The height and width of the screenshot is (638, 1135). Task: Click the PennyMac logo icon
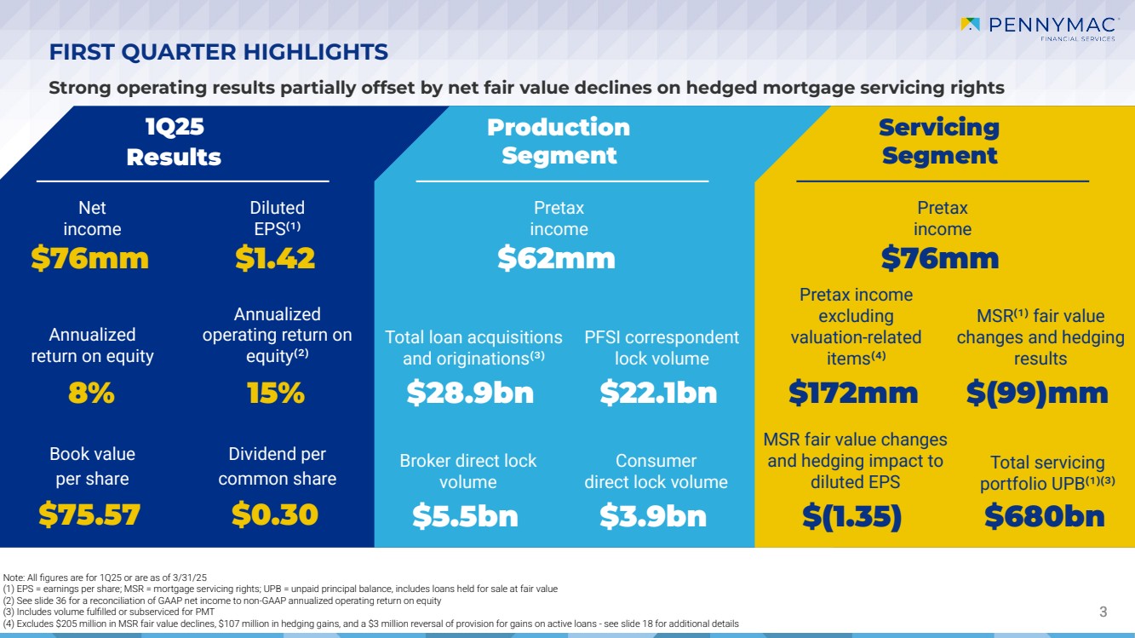pyautogui.click(x=970, y=24)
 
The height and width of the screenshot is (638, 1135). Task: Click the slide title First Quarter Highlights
pyautogui.click(x=219, y=52)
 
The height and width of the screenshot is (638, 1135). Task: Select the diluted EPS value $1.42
pyautogui.click(x=275, y=258)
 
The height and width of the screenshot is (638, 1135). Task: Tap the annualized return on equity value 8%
pyautogui.click(x=91, y=393)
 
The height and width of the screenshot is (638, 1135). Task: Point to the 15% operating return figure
pyautogui.click(x=275, y=393)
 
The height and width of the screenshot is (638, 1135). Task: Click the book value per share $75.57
pyautogui.click(x=89, y=514)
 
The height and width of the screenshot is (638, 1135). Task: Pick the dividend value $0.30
pyautogui.click(x=275, y=514)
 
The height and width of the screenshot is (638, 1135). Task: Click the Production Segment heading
pyautogui.click(x=559, y=141)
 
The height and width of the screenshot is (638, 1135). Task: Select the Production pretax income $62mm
pyautogui.click(x=556, y=258)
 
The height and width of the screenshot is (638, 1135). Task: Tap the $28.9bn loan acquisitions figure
pyautogui.click(x=470, y=393)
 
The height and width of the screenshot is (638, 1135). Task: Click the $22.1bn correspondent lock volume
pyautogui.click(x=658, y=393)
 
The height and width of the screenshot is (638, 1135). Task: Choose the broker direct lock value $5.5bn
pyautogui.click(x=465, y=515)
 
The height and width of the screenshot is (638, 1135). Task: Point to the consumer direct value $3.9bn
pyautogui.click(x=653, y=515)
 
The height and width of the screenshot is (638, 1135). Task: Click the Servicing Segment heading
pyautogui.click(x=939, y=141)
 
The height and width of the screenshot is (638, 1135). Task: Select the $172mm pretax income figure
pyautogui.click(x=853, y=393)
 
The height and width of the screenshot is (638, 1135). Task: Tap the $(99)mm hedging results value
pyautogui.click(x=1037, y=393)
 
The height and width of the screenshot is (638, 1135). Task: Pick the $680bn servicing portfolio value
pyautogui.click(x=1045, y=515)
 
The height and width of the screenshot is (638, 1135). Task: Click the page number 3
pyautogui.click(x=1103, y=612)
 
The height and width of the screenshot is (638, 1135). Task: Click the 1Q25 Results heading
pyautogui.click(x=174, y=141)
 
